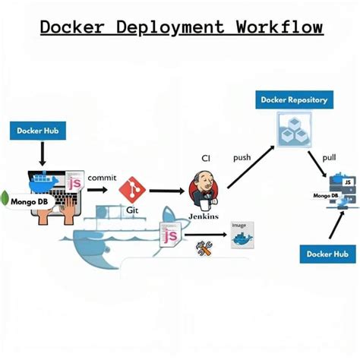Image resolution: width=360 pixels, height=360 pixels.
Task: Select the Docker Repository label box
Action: [x=293, y=99]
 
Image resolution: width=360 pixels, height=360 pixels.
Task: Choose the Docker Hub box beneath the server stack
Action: [x=327, y=254]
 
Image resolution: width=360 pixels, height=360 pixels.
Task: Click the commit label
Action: [x=102, y=178]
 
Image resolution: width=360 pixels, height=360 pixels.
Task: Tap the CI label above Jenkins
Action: [x=206, y=159]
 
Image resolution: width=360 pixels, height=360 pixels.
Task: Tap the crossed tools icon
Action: [x=203, y=247]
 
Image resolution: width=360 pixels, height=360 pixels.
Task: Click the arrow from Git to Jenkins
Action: [x=166, y=192]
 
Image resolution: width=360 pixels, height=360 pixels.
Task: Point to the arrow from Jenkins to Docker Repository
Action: [x=250, y=168]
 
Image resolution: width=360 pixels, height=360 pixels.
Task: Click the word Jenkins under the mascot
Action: [x=203, y=216]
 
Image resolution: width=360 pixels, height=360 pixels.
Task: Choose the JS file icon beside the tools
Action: [x=169, y=235]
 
